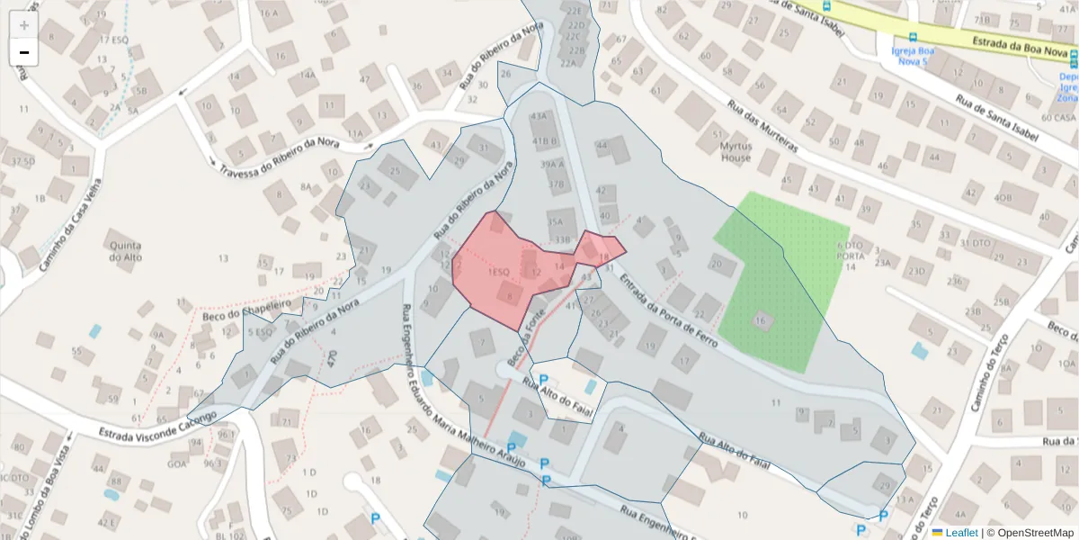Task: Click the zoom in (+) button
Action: (24, 25)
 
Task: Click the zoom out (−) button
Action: (24, 52)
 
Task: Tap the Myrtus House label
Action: (735, 151)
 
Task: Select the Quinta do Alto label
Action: (125, 250)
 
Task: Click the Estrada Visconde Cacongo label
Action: (158, 425)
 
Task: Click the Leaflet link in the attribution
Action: (960, 533)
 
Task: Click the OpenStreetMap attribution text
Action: (1033, 533)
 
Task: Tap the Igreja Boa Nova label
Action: (913, 56)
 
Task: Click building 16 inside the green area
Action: (762, 320)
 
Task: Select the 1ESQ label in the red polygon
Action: (499, 271)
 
